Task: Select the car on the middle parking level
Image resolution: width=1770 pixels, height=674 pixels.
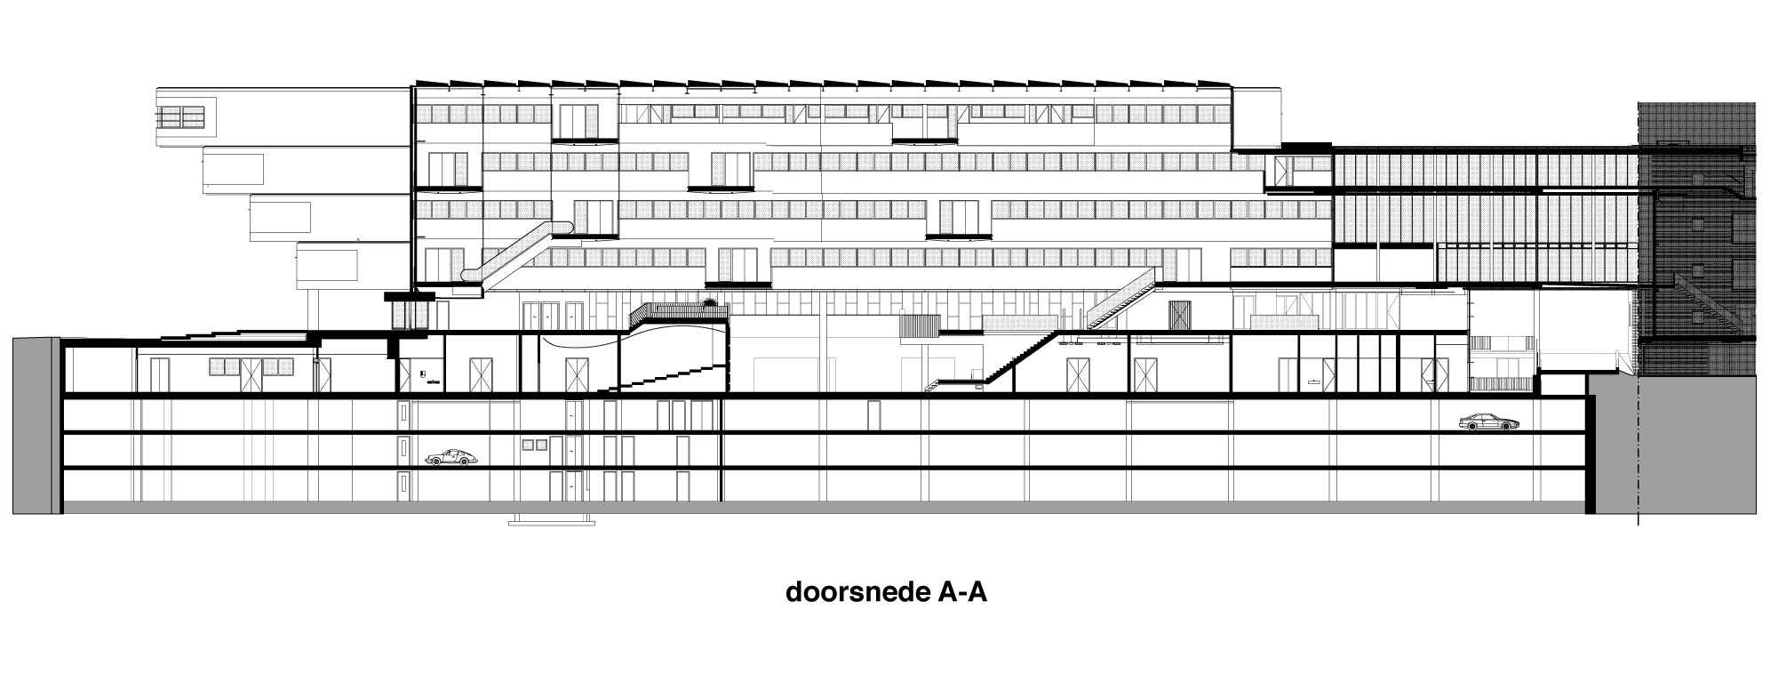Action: coord(450,457)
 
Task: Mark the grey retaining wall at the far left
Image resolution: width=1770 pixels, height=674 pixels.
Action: coord(36,425)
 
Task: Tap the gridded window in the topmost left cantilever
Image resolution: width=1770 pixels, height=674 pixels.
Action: coord(181,116)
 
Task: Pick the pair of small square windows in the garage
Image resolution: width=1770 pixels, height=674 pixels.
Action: coord(535,444)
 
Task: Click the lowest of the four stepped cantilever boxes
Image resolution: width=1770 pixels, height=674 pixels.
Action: coord(326,265)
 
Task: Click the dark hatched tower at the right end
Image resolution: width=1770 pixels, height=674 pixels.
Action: coord(1697,222)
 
